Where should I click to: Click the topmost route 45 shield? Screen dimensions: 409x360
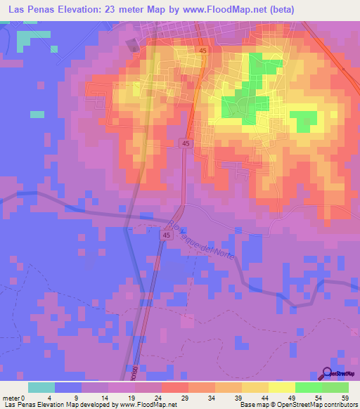click(202, 51)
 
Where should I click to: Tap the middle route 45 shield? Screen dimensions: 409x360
click(186, 143)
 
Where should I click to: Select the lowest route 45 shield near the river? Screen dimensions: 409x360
click(167, 236)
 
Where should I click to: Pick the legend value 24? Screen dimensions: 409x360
click(160, 398)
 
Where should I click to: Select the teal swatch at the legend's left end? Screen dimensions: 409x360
click(41, 387)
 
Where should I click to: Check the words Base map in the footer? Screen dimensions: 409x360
click(253, 405)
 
